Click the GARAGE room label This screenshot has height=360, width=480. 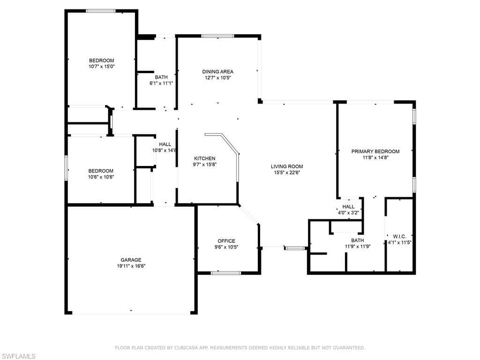pos(131,260)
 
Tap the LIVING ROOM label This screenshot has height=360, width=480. pos(287,166)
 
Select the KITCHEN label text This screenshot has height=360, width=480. pos(204,158)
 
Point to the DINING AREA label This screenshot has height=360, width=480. pos(217,72)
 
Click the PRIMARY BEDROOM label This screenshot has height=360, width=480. pos(375,151)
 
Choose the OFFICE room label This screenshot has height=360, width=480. pos(226,241)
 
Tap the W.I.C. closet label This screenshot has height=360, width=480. pos(399,237)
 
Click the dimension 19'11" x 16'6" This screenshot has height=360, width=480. pos(131,266)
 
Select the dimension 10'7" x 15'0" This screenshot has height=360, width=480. pos(102,67)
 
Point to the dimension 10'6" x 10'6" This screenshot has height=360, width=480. pos(101,177)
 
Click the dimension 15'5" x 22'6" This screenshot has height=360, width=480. pos(287,172)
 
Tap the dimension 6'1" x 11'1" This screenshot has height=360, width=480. pos(161,83)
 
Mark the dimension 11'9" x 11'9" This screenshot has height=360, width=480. pos(358,247)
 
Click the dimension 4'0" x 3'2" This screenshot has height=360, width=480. pos(348,213)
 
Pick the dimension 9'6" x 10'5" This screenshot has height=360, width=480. pos(226,247)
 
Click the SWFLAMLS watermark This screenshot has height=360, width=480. pos(18,356)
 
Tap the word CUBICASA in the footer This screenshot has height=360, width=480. pos(186,348)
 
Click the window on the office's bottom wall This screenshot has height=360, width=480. pos(226,273)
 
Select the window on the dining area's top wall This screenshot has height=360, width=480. pos(217,36)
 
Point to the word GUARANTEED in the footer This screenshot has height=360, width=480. pos(348,348)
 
